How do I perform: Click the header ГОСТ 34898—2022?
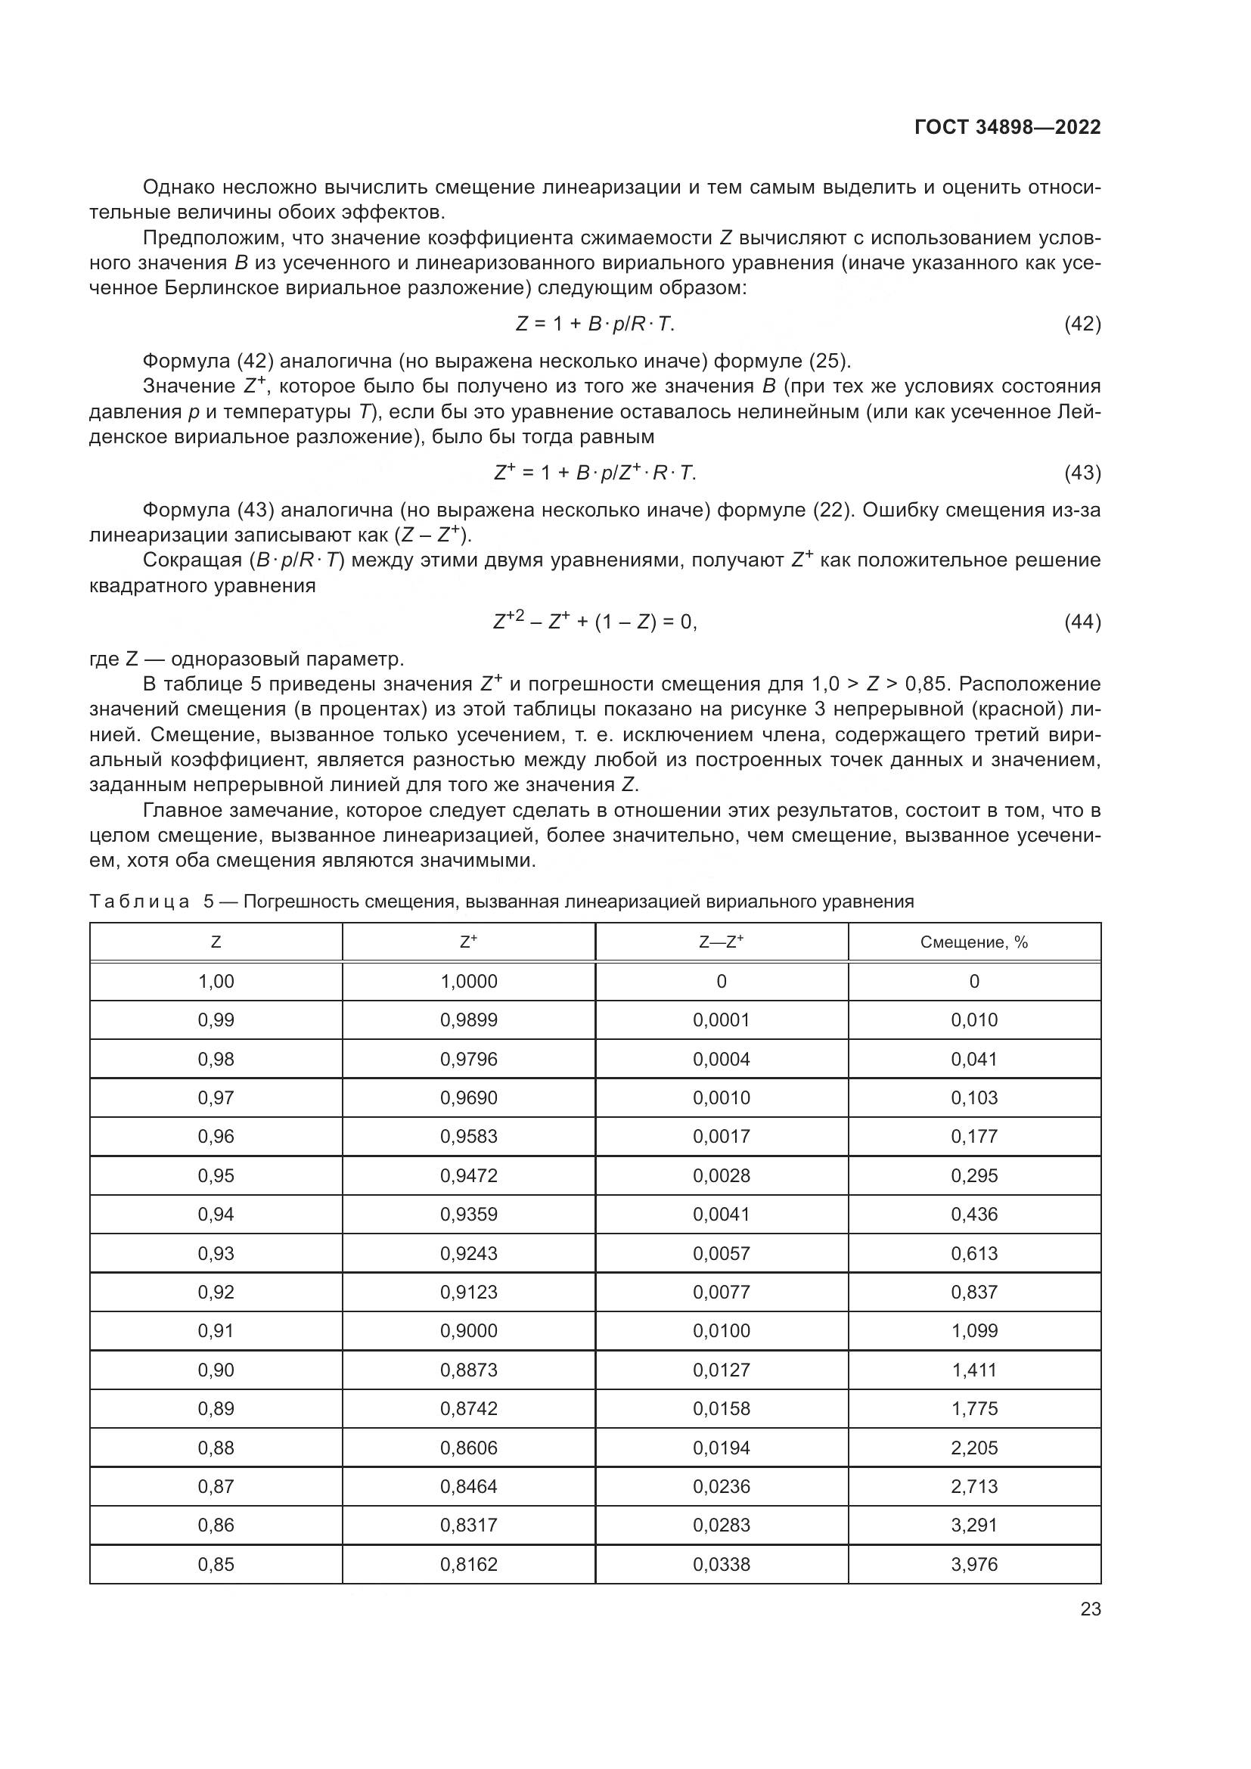pos(1007,128)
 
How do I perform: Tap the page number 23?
pos(1090,1609)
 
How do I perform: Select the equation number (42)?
pos(1082,324)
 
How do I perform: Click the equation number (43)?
pos(1082,473)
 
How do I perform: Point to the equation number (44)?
pos(1082,622)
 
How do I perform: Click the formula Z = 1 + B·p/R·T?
pos(594,324)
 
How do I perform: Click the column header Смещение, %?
pos(973,942)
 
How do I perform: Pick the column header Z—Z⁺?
pos(721,942)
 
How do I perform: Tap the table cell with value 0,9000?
pos(468,1330)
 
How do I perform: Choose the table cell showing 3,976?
pos(973,1564)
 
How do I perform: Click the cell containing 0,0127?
pos(721,1370)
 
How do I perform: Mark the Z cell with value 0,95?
pos(216,1176)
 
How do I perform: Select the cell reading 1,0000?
pos(468,982)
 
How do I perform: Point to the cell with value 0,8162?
pos(468,1564)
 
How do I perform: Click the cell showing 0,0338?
pos(721,1564)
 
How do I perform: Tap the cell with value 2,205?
pos(973,1448)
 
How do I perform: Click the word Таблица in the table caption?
pos(139,902)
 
